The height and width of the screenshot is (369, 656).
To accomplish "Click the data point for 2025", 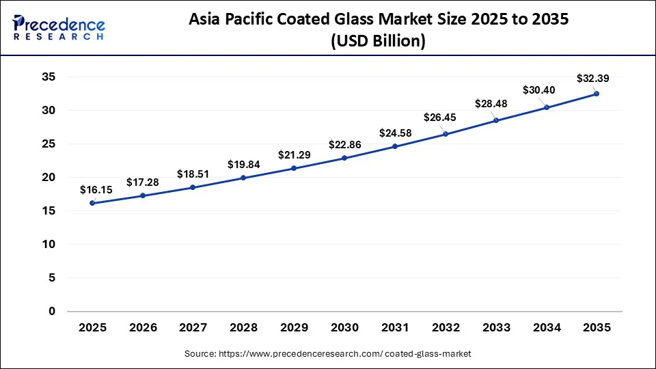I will tap(92, 203).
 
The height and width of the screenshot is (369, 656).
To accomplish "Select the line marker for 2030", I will tap(344, 158).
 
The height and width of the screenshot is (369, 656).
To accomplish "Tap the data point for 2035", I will tap(597, 94).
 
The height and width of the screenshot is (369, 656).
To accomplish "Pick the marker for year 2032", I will tap(446, 134).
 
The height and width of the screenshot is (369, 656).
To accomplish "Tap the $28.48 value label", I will tap(492, 104).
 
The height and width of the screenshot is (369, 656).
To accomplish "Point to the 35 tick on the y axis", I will tap(48, 77).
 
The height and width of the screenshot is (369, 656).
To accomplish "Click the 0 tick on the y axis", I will tap(52, 311).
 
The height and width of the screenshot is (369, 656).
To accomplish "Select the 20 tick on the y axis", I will tap(48, 177).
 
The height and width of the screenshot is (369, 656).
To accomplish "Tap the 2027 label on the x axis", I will tap(193, 327).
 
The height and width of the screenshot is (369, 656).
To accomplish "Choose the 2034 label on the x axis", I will tap(546, 327).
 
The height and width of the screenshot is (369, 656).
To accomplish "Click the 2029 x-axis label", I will tap(294, 327).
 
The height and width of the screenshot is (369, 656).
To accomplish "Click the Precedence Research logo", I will tap(59, 27).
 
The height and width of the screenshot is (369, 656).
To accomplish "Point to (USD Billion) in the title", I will tap(378, 41).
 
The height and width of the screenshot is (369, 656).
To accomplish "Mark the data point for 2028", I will tap(243, 178).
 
